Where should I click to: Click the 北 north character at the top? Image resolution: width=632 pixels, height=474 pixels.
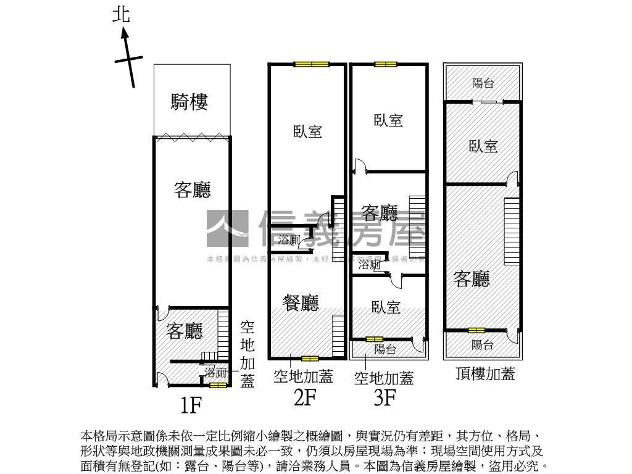tap(122, 14)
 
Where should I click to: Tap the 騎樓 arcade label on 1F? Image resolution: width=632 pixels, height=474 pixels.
tap(189, 102)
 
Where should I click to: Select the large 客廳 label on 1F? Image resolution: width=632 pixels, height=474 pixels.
tap(192, 189)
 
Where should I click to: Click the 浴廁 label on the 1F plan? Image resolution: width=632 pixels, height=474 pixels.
tap(217, 372)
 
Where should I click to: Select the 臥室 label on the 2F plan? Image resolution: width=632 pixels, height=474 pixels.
tap(307, 131)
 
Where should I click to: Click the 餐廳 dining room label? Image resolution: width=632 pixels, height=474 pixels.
tap(301, 302)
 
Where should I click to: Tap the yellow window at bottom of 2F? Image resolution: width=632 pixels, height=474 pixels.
tap(309, 358)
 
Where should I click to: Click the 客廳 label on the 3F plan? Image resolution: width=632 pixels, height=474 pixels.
tap(380, 214)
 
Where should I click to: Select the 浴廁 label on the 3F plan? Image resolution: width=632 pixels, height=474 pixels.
tap(369, 265)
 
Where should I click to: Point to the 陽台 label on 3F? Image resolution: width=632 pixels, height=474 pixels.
tap(385, 349)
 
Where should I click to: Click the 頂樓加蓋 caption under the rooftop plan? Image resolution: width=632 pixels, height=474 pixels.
tap(485, 373)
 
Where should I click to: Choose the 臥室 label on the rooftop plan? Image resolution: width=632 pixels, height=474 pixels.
tap(483, 146)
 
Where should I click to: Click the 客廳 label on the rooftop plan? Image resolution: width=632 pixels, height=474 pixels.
tap(472, 279)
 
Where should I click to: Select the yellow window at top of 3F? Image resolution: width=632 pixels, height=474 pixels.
tap(385, 64)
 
